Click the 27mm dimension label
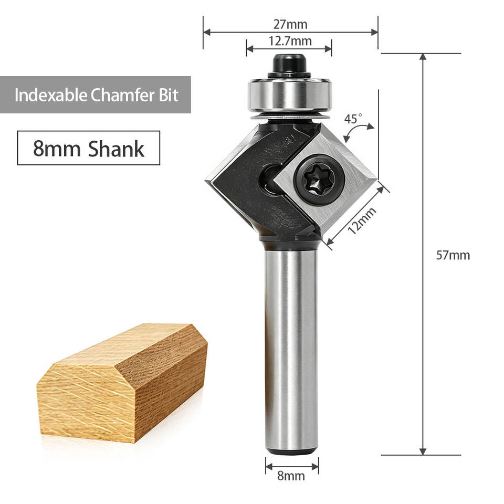pyautogui.click(x=290, y=25)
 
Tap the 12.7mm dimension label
pyautogui.click(x=290, y=41)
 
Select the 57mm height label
pyautogui.click(x=453, y=255)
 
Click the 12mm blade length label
pyautogui.click(x=362, y=221)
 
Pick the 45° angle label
pyautogui.click(x=353, y=119)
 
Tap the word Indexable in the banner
pyautogui.click(x=51, y=95)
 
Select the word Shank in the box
pyautogui.click(x=116, y=149)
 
